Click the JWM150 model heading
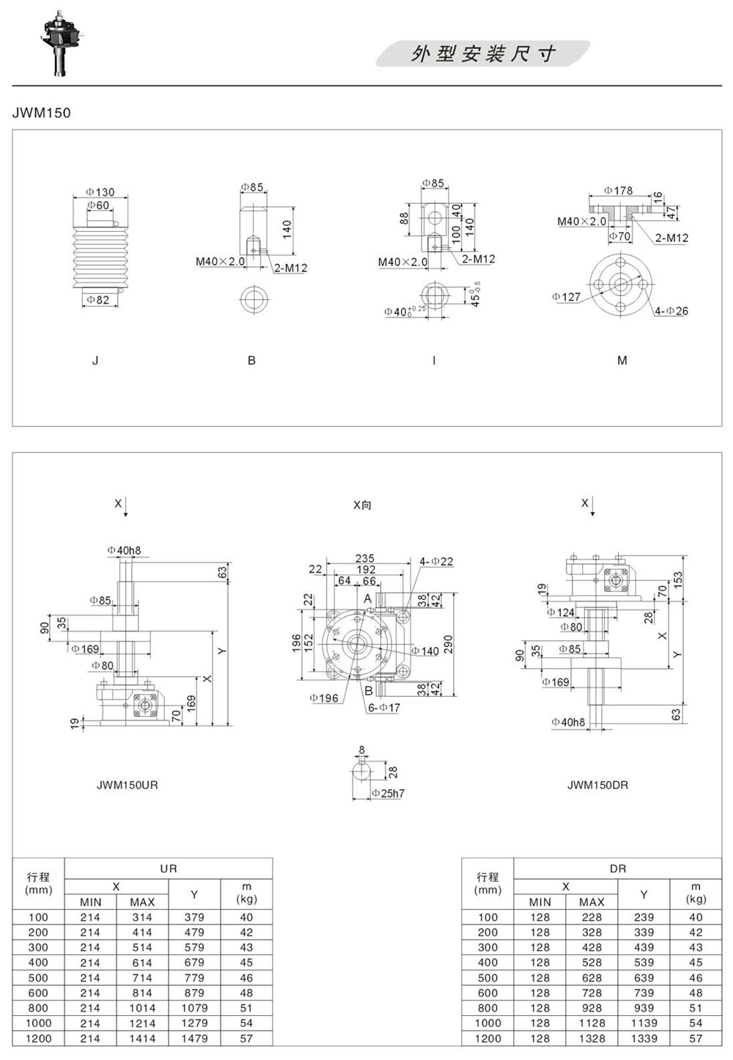coord(41,113)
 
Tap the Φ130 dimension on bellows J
coord(100,192)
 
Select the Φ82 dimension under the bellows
coord(98,300)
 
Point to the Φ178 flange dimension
coord(619,191)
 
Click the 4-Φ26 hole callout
coord(671,311)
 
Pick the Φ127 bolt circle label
coord(566,297)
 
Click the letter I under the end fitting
coord(434,361)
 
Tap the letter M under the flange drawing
coord(622,361)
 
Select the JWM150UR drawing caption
coord(128,785)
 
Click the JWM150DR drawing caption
coord(597,785)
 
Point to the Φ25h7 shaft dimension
coord(388,794)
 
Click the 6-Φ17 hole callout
coord(384,707)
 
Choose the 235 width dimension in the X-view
coord(364,558)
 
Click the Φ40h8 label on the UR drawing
coord(124,550)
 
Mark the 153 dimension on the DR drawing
coord(678,581)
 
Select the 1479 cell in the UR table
coord(194,1039)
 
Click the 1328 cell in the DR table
coord(592,1039)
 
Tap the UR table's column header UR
coord(169,869)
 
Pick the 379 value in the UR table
coord(194,918)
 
